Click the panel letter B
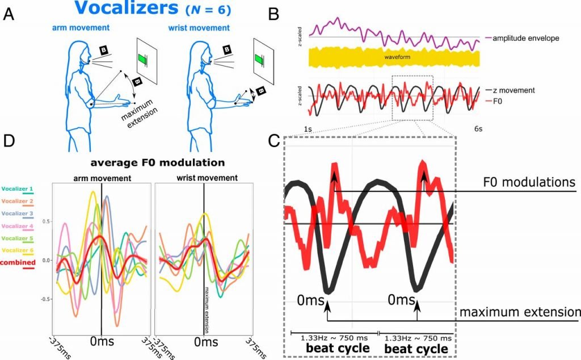point(273,14)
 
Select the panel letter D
point(9,140)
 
